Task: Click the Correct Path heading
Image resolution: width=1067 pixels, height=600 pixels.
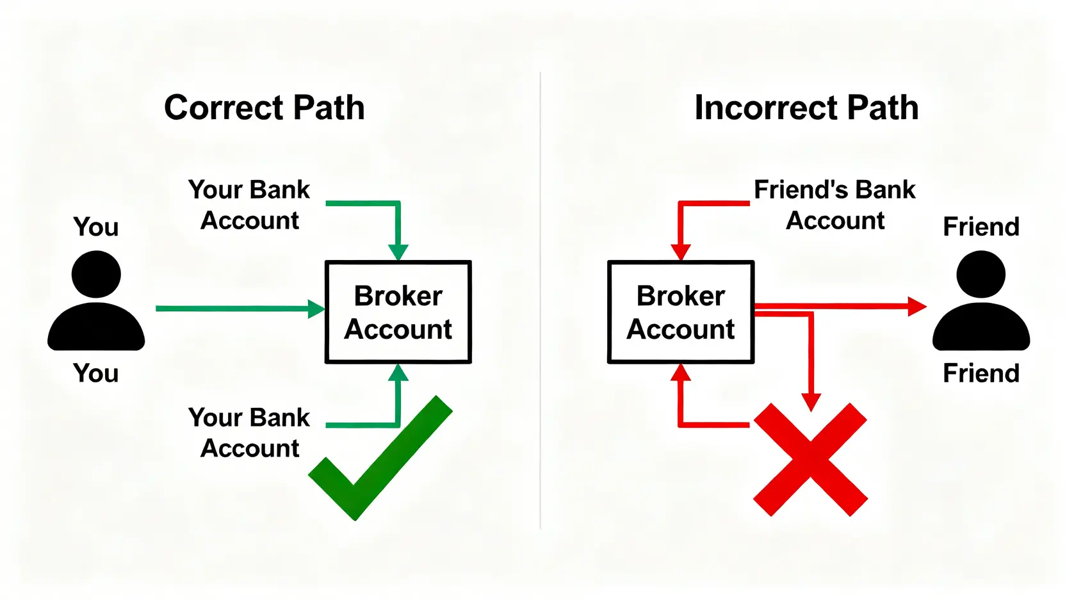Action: (x=264, y=108)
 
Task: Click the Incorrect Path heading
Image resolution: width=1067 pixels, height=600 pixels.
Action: (x=806, y=108)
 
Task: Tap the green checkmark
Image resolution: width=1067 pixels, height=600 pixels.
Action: (x=380, y=458)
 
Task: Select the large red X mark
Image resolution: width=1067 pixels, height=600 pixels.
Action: (x=810, y=459)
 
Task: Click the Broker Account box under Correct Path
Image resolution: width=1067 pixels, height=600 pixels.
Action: (x=398, y=312)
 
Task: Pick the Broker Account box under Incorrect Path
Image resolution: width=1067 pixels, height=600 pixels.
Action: (x=681, y=312)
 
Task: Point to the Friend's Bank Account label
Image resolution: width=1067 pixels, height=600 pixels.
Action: (x=835, y=205)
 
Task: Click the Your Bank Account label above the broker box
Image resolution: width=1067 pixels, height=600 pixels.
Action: (x=249, y=205)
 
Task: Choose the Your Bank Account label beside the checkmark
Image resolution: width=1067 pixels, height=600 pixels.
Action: (x=249, y=433)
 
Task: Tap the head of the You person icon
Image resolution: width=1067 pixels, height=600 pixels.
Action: (x=96, y=274)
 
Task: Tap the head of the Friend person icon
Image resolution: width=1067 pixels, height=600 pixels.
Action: (x=981, y=274)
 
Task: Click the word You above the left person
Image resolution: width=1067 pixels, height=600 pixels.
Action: (x=96, y=227)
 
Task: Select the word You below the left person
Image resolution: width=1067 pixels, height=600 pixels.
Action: (x=96, y=373)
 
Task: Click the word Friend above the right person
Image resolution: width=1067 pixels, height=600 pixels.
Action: (x=981, y=227)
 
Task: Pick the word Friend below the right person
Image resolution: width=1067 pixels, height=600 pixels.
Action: (x=981, y=373)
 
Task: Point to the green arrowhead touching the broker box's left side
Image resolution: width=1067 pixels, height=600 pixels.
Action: (x=316, y=309)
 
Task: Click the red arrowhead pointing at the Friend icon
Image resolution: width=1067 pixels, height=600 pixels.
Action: (x=917, y=306)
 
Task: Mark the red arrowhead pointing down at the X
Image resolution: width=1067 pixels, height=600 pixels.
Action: (x=811, y=402)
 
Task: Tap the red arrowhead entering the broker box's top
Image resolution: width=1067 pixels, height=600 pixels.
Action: (x=680, y=252)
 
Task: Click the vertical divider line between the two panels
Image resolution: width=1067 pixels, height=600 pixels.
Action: (x=541, y=301)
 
